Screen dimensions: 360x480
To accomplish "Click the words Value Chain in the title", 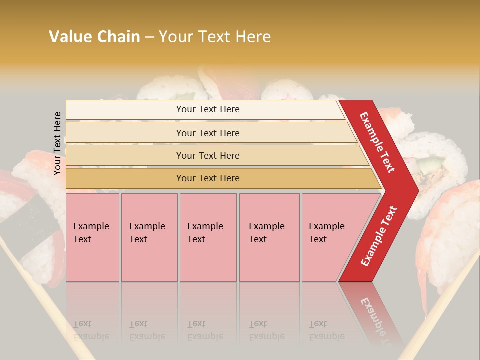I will (x=94, y=37).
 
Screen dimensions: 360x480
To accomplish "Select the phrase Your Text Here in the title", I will (x=215, y=37).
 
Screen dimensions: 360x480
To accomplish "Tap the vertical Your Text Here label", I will (x=57, y=143).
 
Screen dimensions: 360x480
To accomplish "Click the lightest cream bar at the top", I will (x=208, y=109).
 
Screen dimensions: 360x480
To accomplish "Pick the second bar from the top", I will (x=208, y=133).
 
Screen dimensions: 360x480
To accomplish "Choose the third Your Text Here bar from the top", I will (x=208, y=155).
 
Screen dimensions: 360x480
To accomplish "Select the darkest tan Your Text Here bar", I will (x=208, y=178).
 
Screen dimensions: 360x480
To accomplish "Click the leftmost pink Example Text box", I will (x=92, y=237).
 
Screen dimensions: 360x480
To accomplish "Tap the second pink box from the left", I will (x=149, y=237).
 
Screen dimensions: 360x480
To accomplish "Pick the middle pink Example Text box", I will (x=208, y=237).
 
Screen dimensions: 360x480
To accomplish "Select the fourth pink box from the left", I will (x=269, y=237).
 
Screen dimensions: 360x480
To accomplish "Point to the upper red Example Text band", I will (x=378, y=142).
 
